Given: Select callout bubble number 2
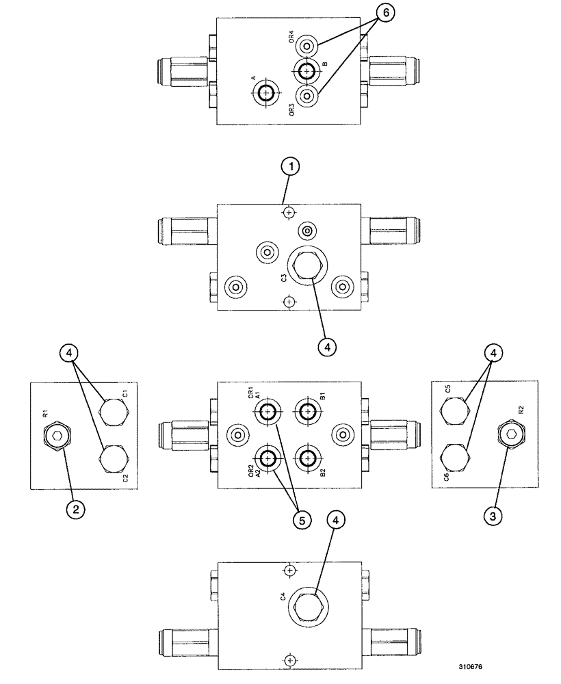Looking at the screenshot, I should (76, 509).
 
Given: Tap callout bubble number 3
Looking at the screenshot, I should (492, 516).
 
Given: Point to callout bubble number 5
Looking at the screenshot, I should (299, 519).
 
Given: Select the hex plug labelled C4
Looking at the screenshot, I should (306, 605).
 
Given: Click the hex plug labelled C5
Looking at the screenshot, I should (453, 410).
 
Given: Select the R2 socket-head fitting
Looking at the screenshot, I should (510, 434).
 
